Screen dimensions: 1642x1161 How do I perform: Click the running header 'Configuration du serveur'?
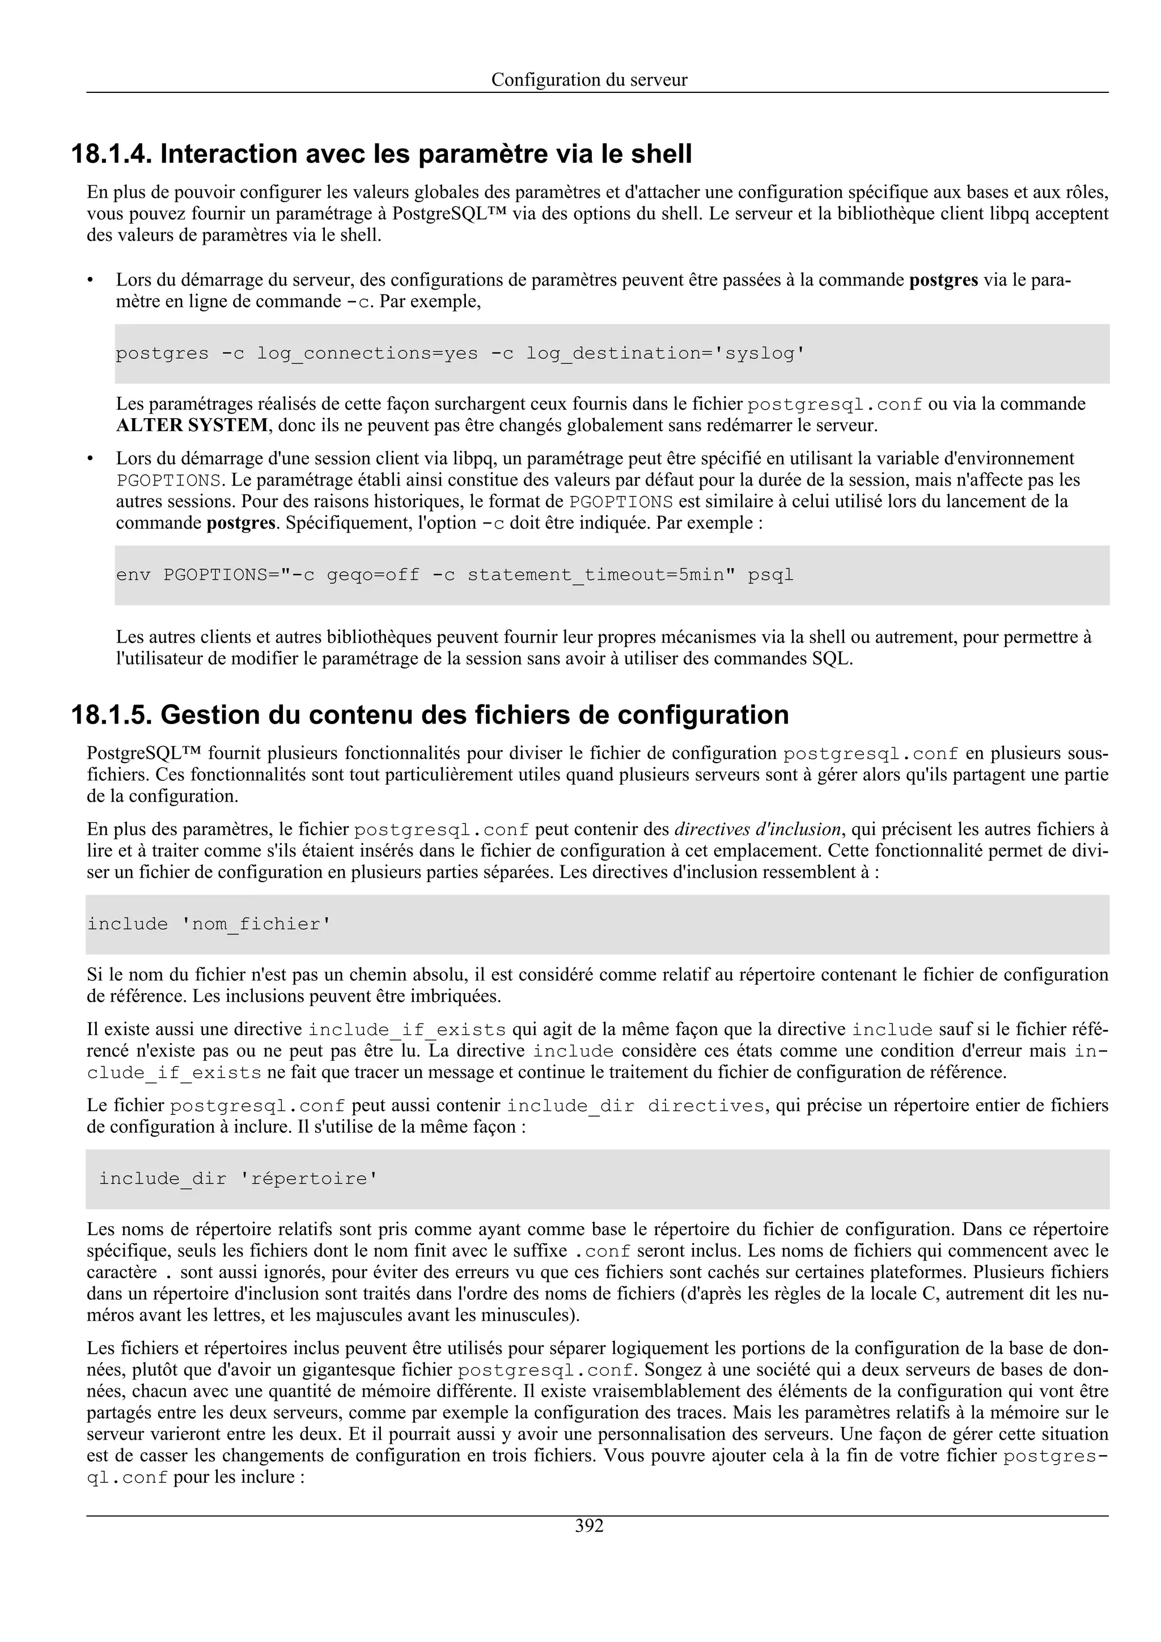coord(589,79)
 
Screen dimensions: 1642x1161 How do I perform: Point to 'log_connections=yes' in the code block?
coord(367,354)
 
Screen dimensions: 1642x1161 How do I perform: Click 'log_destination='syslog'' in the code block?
coord(666,354)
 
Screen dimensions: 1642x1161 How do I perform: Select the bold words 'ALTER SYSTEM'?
coord(192,426)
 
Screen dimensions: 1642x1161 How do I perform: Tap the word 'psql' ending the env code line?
coord(770,575)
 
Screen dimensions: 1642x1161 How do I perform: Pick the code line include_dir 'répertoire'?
coord(238,1179)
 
